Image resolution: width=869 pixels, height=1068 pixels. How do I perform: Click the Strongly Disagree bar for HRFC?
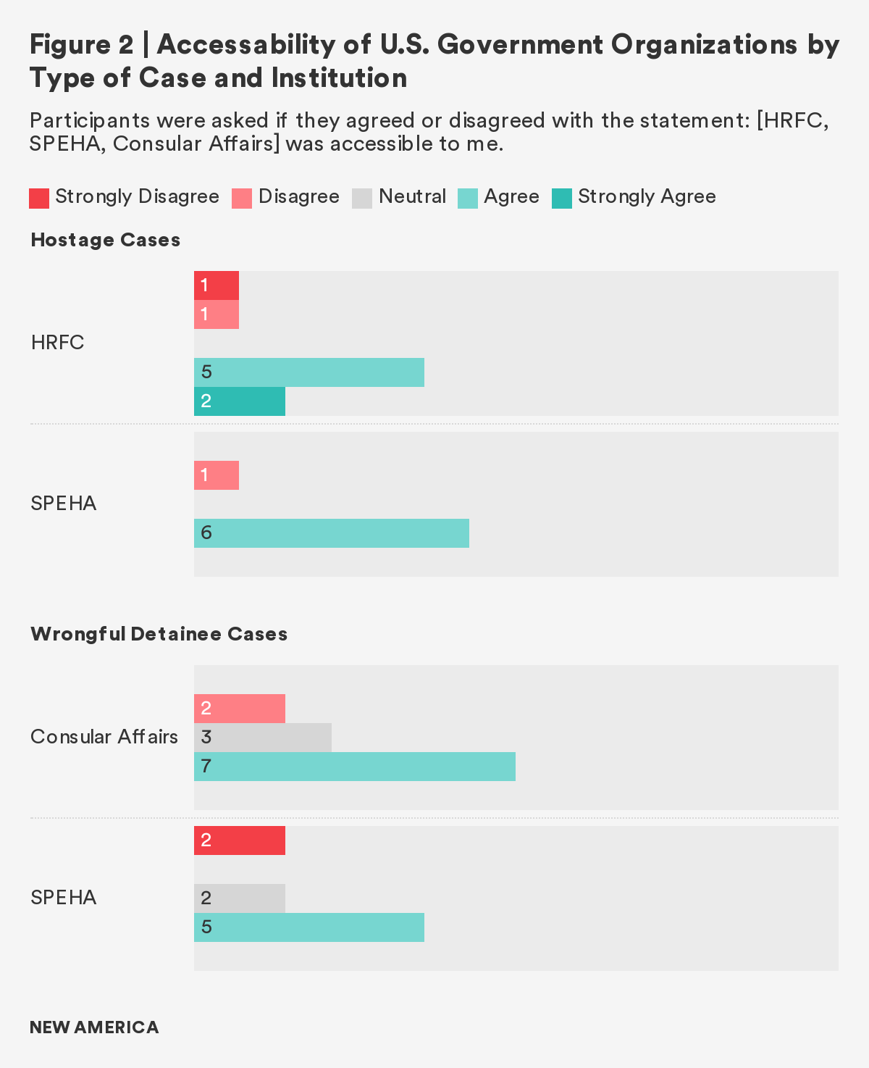pos(216,285)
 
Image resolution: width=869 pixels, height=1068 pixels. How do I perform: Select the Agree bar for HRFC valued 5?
pos(308,372)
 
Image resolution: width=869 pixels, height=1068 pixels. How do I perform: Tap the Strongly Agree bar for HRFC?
pos(239,401)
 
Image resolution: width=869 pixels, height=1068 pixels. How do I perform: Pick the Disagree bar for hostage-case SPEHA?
pos(216,475)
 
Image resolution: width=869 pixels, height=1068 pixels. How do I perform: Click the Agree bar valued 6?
pos(331,533)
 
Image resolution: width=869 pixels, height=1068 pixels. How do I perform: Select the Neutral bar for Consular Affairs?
pos(262,738)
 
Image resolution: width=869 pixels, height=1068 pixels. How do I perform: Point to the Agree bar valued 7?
pos(354,767)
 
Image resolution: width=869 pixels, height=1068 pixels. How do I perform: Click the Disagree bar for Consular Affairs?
pos(239,709)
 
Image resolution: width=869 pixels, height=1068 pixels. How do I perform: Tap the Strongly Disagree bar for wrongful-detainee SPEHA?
pos(239,840)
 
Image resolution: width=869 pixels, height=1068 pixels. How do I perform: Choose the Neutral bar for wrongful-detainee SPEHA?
pos(239,898)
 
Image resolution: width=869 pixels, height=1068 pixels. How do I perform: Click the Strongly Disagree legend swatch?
pos(39,198)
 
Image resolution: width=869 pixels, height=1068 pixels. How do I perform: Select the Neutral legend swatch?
pos(362,198)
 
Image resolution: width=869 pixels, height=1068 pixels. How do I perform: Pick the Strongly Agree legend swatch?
pos(562,198)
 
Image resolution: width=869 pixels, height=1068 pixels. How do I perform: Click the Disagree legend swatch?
pos(242,198)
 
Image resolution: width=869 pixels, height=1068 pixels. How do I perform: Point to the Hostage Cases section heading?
pos(105,240)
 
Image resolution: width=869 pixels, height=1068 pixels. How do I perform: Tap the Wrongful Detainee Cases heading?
pos(159,634)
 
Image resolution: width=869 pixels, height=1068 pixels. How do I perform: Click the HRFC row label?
pos(57,343)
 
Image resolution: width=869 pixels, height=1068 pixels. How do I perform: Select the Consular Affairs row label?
pos(104,737)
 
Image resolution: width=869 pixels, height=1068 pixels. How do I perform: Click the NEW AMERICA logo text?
pos(94,1027)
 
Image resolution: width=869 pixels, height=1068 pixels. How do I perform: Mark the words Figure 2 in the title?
pos(81,45)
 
